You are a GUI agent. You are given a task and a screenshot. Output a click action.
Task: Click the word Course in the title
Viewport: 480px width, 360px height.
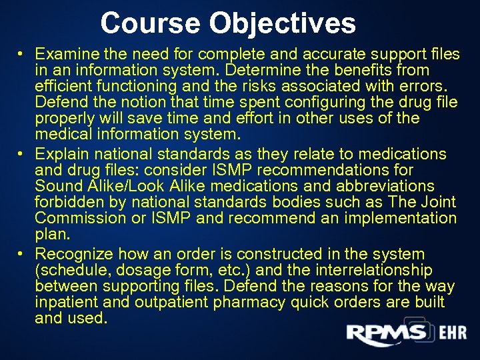pos(151,23)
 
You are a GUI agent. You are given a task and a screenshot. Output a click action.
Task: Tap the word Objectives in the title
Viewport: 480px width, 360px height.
pos(283,23)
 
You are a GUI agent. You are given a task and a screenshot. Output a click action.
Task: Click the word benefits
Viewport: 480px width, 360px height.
pos(369,69)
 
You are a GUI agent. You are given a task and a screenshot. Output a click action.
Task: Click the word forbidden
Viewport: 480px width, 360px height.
pos(66,203)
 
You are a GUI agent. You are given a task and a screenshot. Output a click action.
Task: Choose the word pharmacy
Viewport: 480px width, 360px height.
pos(250,303)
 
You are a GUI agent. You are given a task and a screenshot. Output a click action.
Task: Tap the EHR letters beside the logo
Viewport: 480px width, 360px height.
pos(453,334)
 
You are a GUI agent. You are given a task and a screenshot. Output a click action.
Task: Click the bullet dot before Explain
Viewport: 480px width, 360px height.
pos(21,153)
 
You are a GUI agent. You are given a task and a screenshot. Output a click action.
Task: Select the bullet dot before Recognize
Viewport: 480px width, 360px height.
pos(21,253)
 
